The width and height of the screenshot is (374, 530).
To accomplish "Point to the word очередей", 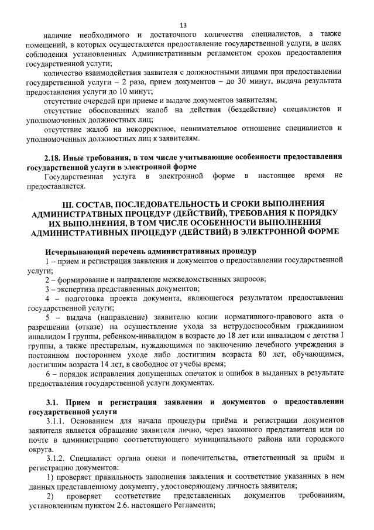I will tap(99, 101).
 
